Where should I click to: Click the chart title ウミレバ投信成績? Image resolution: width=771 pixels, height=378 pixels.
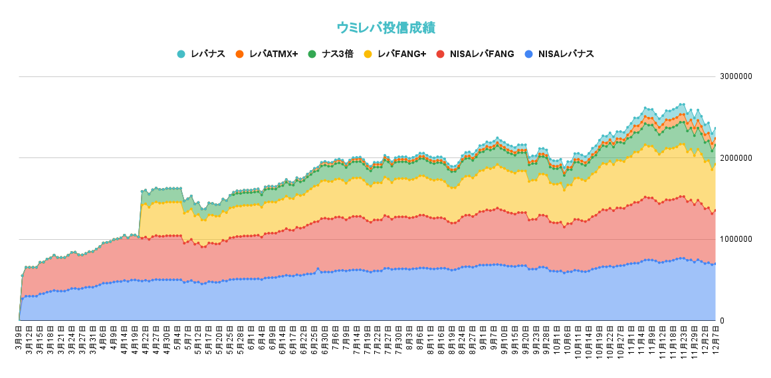point(385,27)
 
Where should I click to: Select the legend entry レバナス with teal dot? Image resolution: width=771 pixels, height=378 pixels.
point(201,54)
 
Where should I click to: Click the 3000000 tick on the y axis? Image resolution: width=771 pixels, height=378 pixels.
point(736,76)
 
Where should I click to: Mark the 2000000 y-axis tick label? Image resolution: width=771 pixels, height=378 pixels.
point(736,158)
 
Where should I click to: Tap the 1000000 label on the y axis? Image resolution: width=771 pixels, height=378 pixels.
point(736,239)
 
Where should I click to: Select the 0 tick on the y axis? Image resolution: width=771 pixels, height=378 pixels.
point(722,321)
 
